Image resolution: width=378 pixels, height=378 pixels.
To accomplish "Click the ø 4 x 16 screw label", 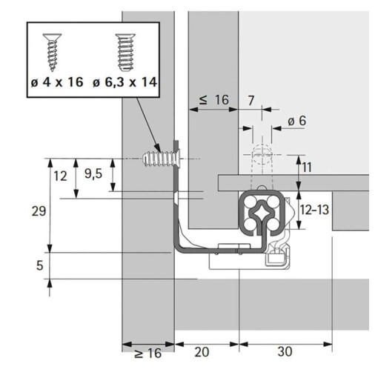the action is click(57, 82).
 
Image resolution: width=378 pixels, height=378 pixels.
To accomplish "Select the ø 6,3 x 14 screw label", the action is click(125, 82).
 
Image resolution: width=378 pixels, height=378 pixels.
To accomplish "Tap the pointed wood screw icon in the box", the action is click(52, 51).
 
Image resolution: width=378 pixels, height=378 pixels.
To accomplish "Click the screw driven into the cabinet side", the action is click(162, 158).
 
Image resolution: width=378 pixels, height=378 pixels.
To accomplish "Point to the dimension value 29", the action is click(39, 211).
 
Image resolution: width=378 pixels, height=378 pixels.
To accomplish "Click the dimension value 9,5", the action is click(93, 174).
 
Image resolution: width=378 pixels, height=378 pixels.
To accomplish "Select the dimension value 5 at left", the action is click(39, 265).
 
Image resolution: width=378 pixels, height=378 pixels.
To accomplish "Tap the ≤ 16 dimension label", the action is click(214, 100).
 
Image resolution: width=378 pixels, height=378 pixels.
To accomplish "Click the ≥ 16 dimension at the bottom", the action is click(148, 353).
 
